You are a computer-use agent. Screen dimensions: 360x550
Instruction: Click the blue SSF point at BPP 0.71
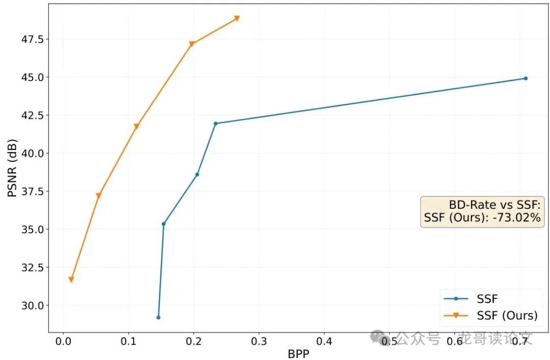click(526, 78)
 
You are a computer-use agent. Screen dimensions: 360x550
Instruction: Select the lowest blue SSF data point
click(158, 317)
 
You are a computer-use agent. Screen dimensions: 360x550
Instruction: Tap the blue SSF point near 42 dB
click(215, 123)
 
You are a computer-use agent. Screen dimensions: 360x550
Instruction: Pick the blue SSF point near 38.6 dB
click(197, 175)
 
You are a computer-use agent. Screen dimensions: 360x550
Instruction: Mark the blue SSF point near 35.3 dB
click(163, 224)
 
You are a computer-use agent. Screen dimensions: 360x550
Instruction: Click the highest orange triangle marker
click(237, 18)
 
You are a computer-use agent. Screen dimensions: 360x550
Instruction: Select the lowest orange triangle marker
click(71, 280)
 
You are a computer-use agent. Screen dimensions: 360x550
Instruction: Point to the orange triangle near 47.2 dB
click(191, 44)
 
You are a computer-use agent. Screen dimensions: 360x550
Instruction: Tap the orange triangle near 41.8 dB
click(136, 126)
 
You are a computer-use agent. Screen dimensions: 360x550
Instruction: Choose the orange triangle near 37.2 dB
click(99, 196)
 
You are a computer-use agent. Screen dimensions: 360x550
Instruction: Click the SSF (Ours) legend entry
click(507, 315)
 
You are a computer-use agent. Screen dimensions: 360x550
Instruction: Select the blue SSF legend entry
click(487, 299)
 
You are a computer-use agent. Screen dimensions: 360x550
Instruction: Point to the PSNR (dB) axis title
click(12, 168)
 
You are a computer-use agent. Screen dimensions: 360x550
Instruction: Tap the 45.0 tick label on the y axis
click(31, 77)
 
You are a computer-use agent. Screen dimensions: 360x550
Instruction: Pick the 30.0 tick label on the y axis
click(31, 306)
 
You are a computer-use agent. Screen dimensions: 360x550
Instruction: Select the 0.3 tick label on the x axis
click(259, 340)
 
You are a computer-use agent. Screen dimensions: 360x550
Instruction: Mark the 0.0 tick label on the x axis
click(63, 340)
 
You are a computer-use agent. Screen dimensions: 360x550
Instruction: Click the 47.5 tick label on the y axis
click(31, 39)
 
